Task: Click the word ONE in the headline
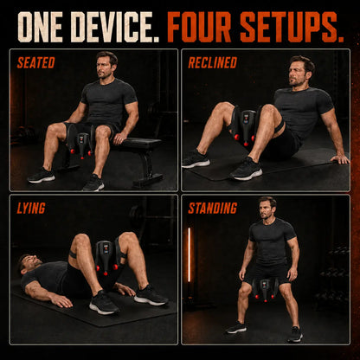(x=42, y=28)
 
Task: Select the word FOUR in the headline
(x=199, y=28)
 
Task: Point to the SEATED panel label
(x=36, y=62)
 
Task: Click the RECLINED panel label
(x=213, y=62)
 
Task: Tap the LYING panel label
(x=31, y=208)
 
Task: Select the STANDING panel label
(x=213, y=208)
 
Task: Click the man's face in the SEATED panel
(x=104, y=67)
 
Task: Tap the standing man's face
(x=266, y=209)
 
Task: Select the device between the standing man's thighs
(x=266, y=289)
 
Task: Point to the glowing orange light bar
(x=190, y=254)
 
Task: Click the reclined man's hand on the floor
(x=340, y=158)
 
